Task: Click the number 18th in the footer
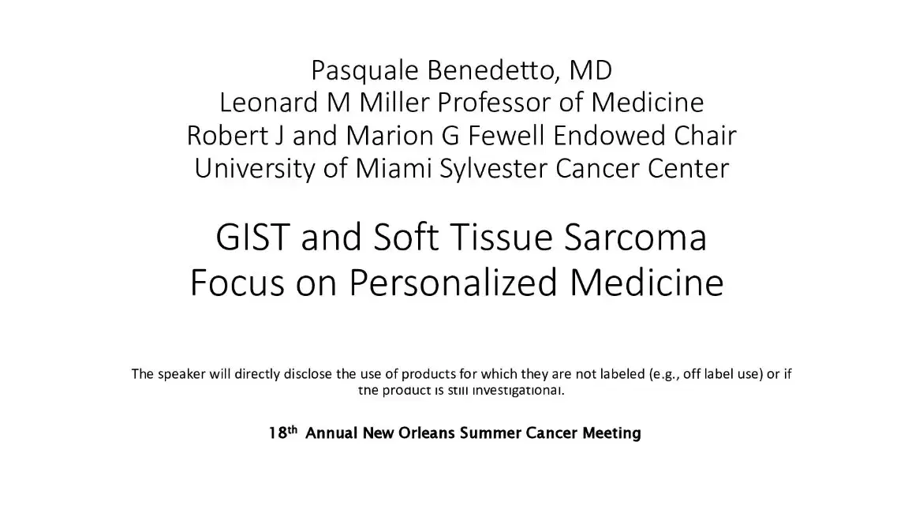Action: [x=282, y=433]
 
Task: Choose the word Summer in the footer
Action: [x=492, y=433]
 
